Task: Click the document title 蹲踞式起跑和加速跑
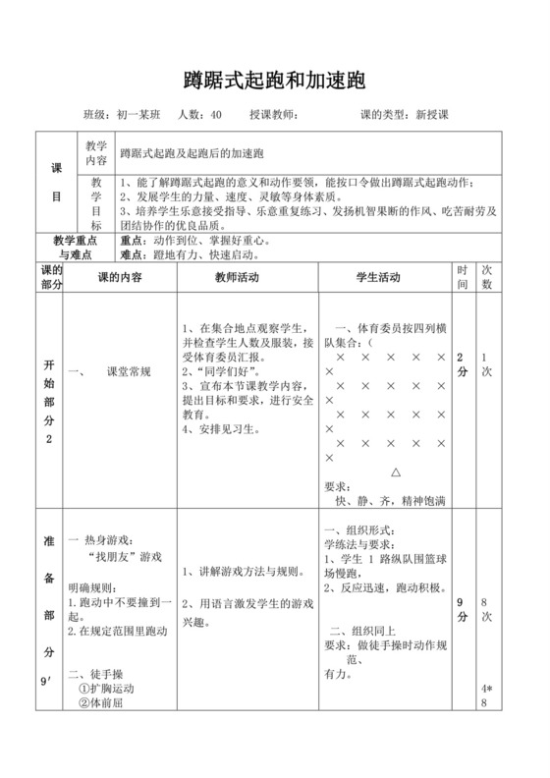tap(275, 79)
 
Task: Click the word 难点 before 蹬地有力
tap(131, 254)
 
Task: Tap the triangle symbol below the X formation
tap(396, 472)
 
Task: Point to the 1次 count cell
tap(486, 365)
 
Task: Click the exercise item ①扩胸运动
tap(105, 689)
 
